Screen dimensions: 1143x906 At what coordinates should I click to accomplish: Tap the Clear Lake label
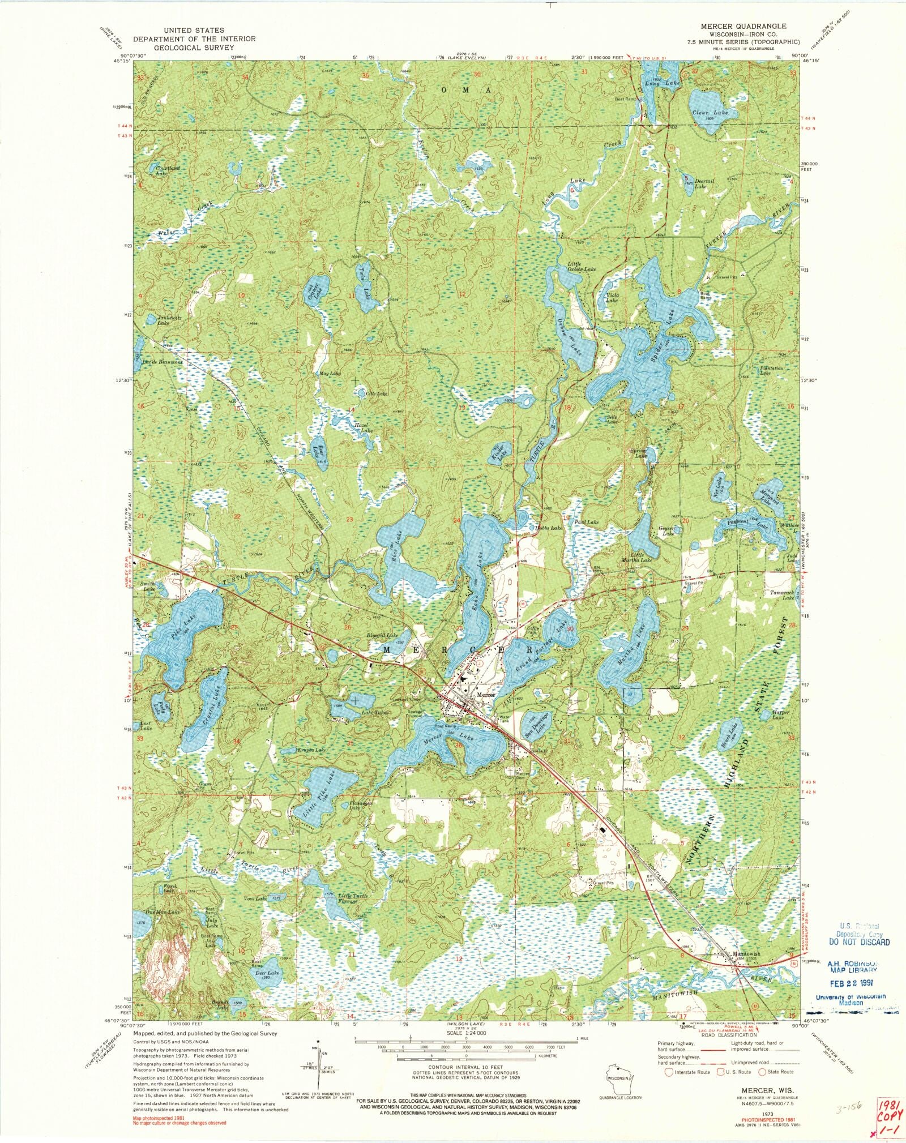point(710,113)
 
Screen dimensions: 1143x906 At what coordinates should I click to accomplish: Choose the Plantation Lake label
point(770,371)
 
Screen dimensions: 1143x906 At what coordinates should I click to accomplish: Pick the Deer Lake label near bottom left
point(267,973)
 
